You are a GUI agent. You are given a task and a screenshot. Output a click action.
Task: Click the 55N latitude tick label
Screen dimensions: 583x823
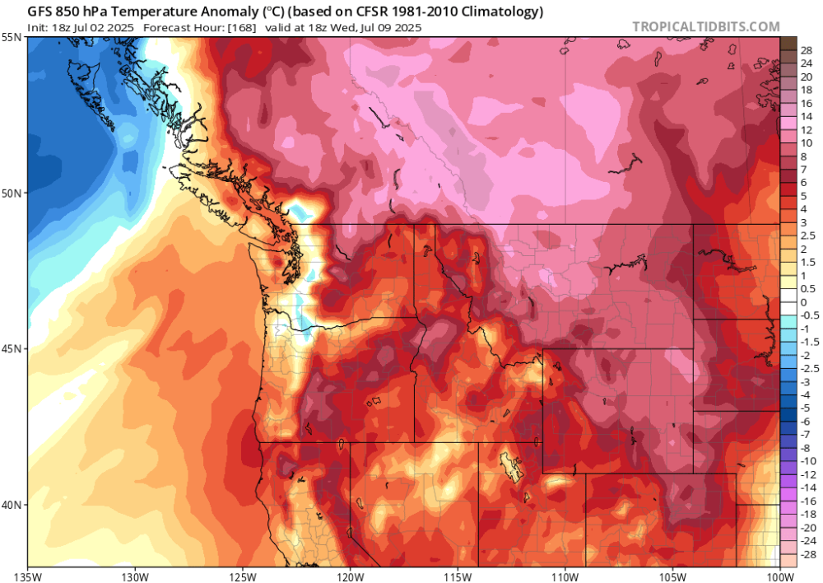(12, 38)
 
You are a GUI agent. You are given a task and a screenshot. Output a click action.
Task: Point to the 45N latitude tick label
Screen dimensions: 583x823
(12, 348)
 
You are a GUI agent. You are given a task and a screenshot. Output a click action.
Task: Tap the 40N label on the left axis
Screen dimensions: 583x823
(12, 504)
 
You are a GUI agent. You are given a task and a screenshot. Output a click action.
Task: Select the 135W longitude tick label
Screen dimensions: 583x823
(28, 575)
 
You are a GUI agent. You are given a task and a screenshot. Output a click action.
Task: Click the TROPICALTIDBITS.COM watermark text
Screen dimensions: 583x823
(705, 26)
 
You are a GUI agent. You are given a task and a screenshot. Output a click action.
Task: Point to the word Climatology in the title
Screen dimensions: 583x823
(501, 12)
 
